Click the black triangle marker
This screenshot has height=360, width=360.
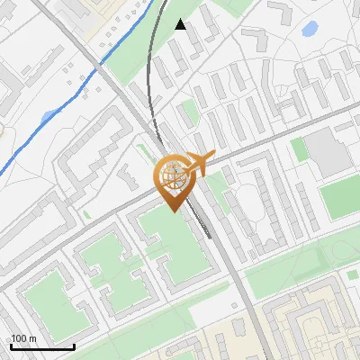[181, 24]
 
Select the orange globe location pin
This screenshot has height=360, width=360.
[173, 181]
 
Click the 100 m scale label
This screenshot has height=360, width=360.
[23, 338]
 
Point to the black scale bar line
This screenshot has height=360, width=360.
[41, 346]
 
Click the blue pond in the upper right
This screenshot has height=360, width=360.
[309, 30]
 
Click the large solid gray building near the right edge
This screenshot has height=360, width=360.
[326, 153]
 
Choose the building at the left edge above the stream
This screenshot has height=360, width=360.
[7, 90]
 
